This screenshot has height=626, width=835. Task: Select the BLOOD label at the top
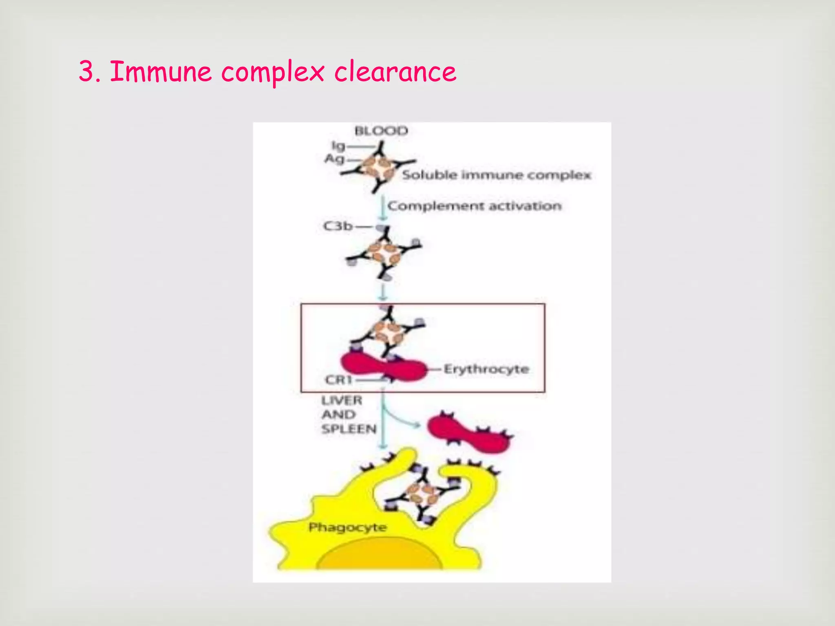pos(381,131)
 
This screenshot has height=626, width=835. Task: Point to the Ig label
pos(338,146)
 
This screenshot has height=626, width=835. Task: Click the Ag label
pos(335,159)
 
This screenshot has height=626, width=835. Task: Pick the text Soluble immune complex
pos(496,175)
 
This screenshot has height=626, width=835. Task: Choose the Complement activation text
pos(474,206)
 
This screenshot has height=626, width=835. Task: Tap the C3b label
pos(338,226)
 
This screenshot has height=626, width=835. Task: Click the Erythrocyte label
pos(486,369)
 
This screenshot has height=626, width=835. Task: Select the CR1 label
pos(338,380)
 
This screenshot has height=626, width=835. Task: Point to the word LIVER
pos(342,401)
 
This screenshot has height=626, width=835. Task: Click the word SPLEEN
pos(349,429)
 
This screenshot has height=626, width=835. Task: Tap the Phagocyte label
pos(347,527)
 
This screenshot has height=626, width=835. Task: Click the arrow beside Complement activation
pos(382,208)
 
